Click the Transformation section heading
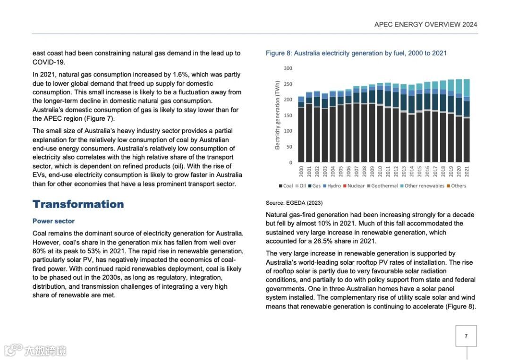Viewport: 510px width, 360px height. pyautogui.click(x=78, y=204)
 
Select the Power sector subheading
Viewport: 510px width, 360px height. pyautogui.click(x=53, y=221)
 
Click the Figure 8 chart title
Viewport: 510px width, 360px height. pyautogui.click(x=356, y=53)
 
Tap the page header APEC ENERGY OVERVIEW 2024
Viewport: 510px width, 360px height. pyautogui.click(x=425, y=25)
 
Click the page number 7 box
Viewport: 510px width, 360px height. pyautogui.click(x=466, y=336)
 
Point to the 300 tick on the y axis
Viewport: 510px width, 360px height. pyautogui.click(x=288, y=68)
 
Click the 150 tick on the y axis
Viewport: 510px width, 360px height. pyautogui.click(x=288, y=116)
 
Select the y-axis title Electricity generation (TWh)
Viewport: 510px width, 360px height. pyautogui.click(x=278, y=115)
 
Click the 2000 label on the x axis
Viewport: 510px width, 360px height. pyautogui.click(x=301, y=171)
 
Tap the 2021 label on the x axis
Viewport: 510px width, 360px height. pyautogui.click(x=467, y=171)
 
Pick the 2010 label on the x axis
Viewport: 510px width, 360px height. pyautogui.click(x=380, y=171)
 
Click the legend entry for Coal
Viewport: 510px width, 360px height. pyautogui.click(x=286, y=186)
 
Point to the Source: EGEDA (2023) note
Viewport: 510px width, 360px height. pyautogui.click(x=294, y=203)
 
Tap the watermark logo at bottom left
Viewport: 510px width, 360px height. pyautogui.click(x=35, y=350)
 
